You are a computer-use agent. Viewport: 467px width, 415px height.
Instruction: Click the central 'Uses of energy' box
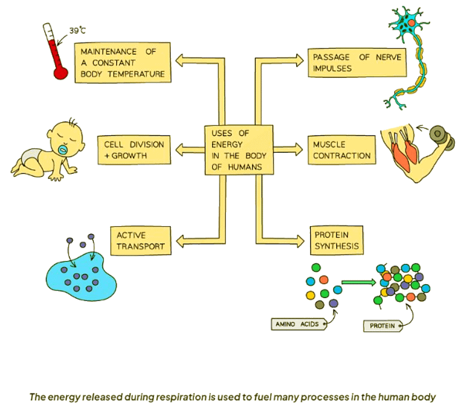point(238,149)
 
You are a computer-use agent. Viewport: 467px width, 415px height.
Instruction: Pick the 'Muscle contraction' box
point(341,150)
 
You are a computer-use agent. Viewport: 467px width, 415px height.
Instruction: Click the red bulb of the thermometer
point(59,73)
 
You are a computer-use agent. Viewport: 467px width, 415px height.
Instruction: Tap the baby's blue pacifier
point(62,148)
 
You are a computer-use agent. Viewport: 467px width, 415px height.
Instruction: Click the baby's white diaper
point(29,155)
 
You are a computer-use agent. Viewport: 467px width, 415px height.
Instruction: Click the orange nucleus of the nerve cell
point(412,22)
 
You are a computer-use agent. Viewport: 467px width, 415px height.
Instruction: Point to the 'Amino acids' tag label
point(298,324)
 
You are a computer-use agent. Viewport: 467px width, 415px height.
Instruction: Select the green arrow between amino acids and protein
point(356,282)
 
